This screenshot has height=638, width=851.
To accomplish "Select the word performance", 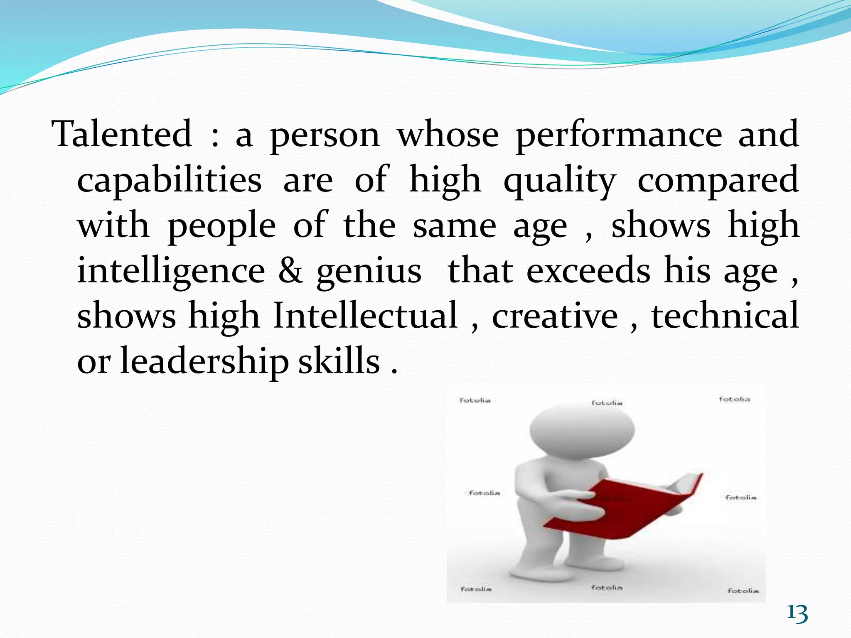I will point(619,135).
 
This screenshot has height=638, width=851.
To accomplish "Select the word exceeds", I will point(588,271).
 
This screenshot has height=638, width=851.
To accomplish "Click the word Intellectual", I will point(365,316).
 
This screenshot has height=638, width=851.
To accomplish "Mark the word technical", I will point(725,316).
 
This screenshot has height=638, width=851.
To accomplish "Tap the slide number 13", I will point(797,613).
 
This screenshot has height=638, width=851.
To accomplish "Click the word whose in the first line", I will point(448,135).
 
